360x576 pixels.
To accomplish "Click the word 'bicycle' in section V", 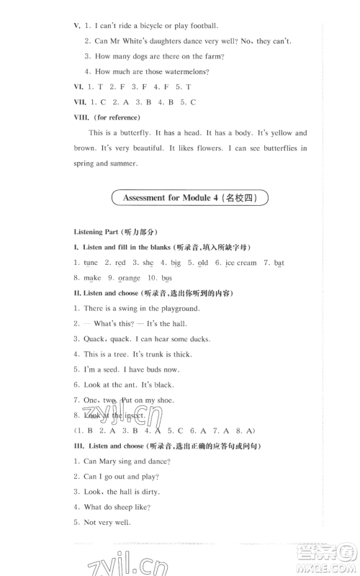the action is click(150, 25).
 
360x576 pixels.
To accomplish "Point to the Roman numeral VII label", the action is click(80, 102).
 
